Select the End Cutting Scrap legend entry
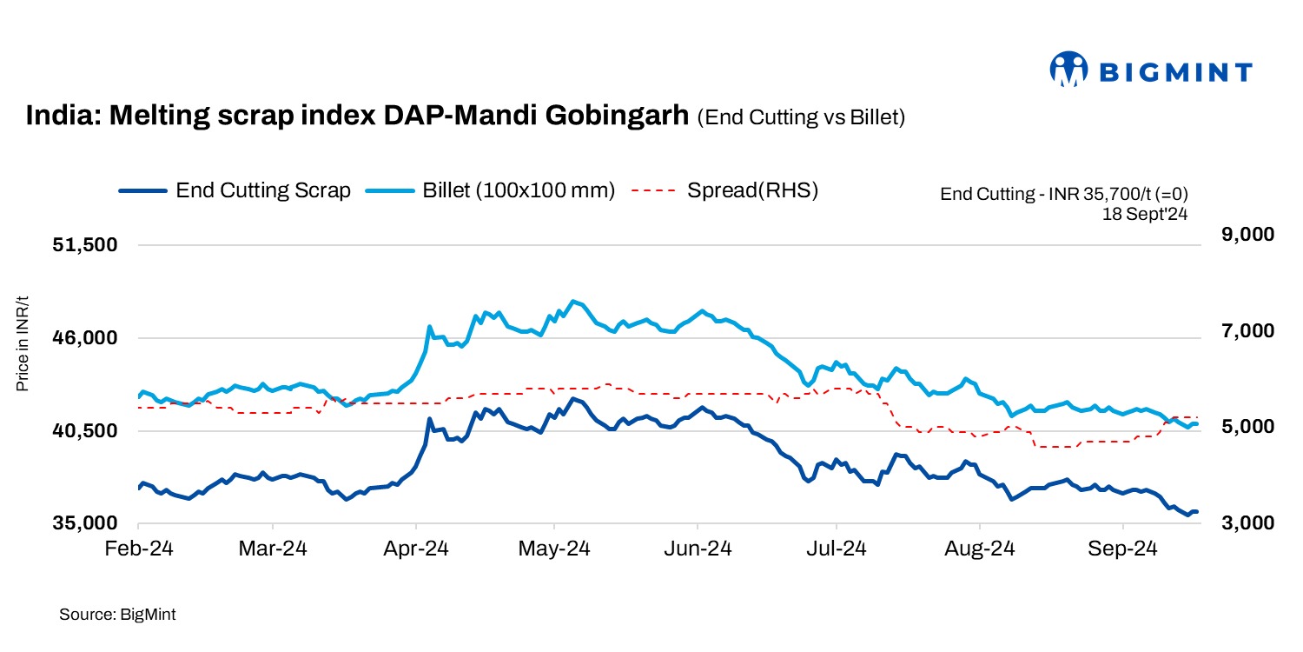(x=235, y=190)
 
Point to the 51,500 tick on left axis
(x=86, y=245)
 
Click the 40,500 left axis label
(x=86, y=431)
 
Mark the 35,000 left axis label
(x=86, y=524)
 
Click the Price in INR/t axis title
(x=23, y=344)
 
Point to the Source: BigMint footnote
(x=117, y=615)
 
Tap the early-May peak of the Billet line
(x=572, y=301)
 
